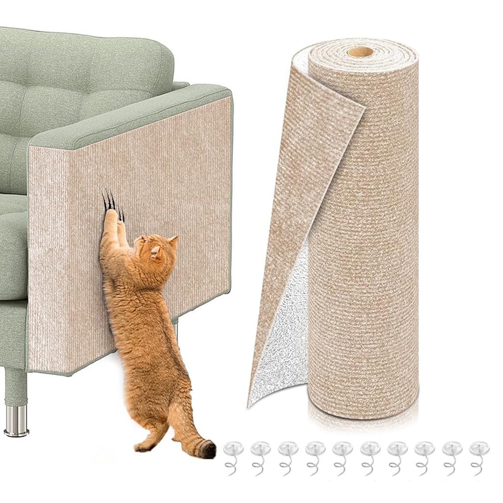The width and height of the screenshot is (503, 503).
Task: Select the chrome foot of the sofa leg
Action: [x=16, y=421]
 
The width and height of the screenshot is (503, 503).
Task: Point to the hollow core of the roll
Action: [x=361, y=51]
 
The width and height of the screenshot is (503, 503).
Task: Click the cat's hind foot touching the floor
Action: [x=145, y=447]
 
